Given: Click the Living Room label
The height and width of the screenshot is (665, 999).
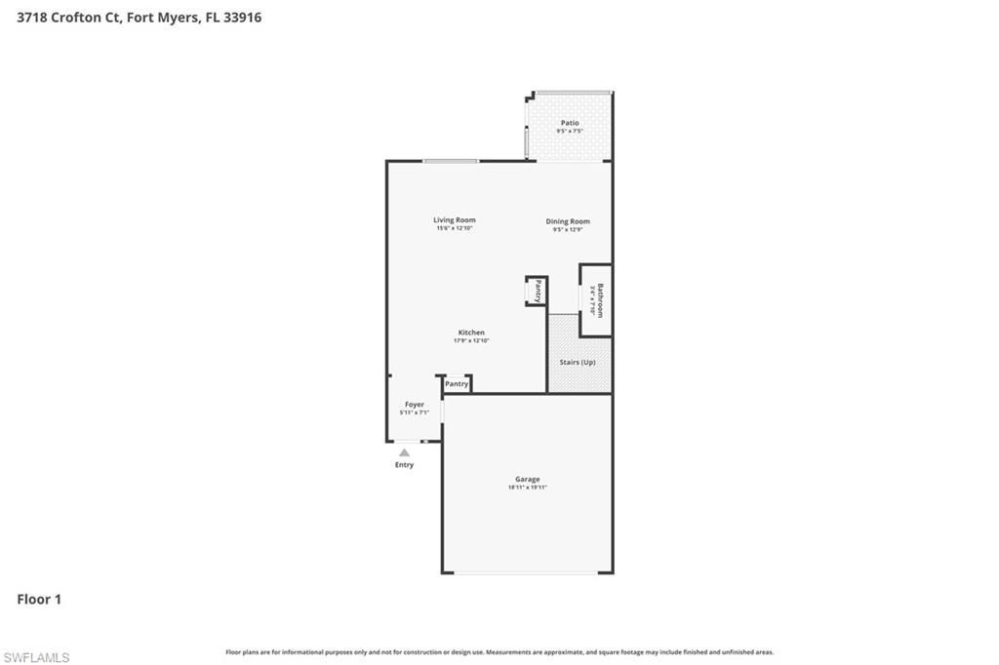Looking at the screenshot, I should pos(455,220).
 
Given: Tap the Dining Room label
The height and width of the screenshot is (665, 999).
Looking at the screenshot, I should pos(568,221).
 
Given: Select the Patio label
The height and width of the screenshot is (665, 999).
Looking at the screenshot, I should pos(569,123).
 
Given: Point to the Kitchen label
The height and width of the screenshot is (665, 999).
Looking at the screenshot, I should pos(471,332).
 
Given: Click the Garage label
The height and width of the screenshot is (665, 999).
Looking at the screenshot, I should pos(527,479).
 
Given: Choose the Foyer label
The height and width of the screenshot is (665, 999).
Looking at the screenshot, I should pos(415,404).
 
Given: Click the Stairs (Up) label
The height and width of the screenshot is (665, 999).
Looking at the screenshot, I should pos(578,362).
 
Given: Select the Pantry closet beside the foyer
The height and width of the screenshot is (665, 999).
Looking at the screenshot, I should pos(457,384).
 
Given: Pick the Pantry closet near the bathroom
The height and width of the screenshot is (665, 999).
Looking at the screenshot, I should pos(537,291).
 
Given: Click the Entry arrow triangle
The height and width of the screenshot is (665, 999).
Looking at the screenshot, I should pos(404,451).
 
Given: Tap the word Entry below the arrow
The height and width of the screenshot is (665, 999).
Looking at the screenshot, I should pos(404,465).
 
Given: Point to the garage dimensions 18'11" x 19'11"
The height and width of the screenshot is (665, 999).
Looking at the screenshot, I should pos(527,488).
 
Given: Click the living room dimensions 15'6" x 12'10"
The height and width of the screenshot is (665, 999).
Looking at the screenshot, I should pos(455,228).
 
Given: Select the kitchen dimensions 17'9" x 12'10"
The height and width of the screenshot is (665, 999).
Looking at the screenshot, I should pos(471,340).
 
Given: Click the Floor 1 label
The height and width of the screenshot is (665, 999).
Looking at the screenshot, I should pos(39,600).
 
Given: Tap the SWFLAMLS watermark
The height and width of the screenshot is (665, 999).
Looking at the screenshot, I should pos(36,657).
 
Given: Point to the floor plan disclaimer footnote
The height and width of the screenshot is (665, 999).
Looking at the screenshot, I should pos(499,652).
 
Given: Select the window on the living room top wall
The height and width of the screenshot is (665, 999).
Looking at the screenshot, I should pos(450,161).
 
